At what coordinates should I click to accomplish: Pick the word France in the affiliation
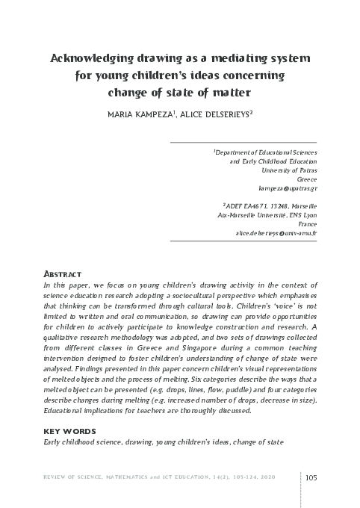point(307,223)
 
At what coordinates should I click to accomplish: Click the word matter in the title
point(229,94)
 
